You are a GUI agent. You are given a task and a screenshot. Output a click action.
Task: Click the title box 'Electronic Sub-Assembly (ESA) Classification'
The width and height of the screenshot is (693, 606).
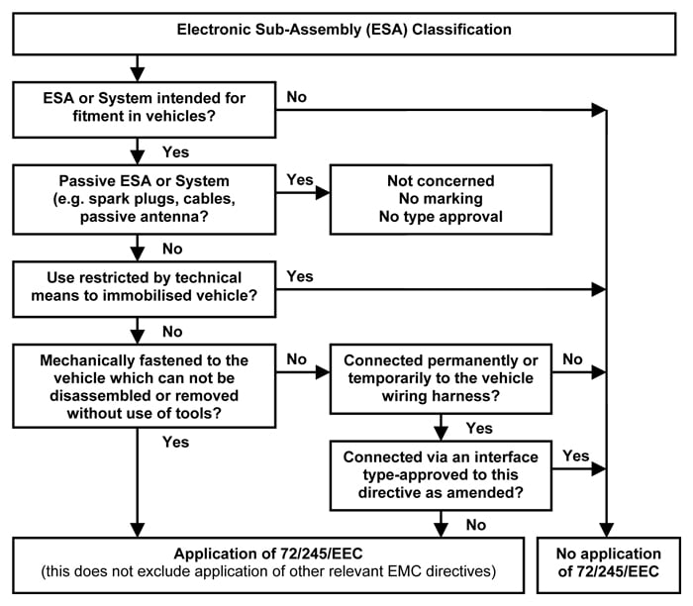coord(345,34)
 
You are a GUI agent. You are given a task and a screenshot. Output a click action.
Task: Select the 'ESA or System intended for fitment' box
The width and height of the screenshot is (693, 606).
coord(145,110)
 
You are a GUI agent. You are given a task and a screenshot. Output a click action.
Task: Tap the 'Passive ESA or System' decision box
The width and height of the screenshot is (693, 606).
coord(145,199)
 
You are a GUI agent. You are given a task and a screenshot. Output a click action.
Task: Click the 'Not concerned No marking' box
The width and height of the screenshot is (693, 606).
coord(441,199)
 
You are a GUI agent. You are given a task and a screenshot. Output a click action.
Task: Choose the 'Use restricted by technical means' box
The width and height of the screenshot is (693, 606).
coord(145,289)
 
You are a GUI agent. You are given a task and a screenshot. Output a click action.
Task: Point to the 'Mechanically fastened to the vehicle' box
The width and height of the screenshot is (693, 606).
coord(145,386)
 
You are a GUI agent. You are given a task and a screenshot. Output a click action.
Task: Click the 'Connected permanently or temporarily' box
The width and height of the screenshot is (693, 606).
coord(441,379)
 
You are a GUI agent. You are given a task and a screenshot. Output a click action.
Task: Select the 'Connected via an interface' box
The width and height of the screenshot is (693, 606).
coord(441,475)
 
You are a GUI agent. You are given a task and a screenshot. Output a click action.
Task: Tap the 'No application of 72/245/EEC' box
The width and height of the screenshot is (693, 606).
coord(608,564)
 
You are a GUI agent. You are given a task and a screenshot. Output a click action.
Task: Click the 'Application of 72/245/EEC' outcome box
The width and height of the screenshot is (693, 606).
coord(268,564)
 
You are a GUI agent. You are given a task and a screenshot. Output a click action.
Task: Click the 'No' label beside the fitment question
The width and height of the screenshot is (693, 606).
coord(297,97)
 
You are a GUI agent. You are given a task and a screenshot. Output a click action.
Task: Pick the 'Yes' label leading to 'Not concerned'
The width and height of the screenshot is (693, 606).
coord(300,179)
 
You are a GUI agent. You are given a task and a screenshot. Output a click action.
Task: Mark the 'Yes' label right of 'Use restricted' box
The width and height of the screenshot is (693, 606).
coord(300,276)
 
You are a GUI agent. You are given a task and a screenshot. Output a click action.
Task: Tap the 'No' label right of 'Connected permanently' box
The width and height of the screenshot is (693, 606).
coord(572,358)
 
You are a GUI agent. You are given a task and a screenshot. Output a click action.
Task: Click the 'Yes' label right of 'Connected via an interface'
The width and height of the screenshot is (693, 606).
coord(576,455)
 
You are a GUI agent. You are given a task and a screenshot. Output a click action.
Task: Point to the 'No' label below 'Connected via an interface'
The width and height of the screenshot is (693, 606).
coord(476,525)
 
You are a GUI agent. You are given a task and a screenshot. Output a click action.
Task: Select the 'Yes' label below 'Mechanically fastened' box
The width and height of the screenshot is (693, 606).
coord(175,442)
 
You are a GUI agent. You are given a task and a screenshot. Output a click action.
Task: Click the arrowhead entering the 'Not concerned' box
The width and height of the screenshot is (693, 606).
coord(323,193)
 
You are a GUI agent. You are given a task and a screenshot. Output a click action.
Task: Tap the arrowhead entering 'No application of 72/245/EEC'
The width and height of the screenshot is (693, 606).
coord(606,531)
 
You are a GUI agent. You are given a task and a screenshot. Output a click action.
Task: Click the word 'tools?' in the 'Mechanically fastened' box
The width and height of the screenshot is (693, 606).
coord(199,413)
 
